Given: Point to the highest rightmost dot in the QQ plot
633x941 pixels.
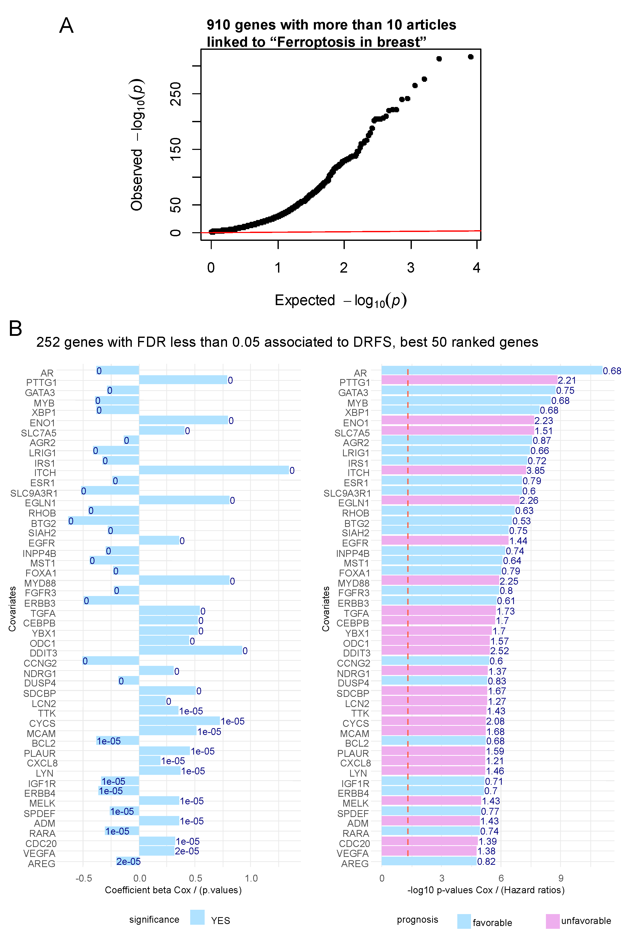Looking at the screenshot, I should click(x=470, y=57).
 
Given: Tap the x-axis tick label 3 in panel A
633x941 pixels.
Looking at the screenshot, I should click(x=411, y=268).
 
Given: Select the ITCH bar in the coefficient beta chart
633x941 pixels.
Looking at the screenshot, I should click(x=214, y=470).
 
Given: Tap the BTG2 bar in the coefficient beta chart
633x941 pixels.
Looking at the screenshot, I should click(x=104, y=521).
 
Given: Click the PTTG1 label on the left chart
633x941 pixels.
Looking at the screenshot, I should click(x=42, y=382).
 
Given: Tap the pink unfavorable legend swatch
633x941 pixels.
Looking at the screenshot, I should click(x=552, y=921).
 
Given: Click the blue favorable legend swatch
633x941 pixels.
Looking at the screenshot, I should click(x=464, y=921).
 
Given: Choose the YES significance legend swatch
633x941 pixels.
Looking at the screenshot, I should click(x=197, y=917).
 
